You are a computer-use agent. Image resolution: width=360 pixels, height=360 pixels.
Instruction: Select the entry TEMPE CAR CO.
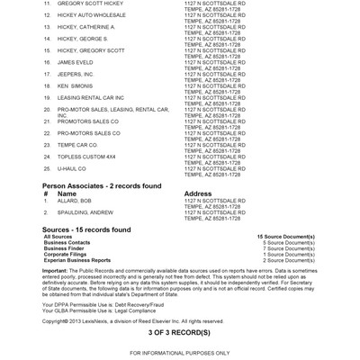pyautogui.click(x=76, y=144)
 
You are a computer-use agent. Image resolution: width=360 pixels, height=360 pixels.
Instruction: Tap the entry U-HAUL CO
pyautogui.click(x=71, y=167)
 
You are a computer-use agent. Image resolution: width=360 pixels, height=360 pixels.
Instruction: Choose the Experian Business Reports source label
pyautogui.click(x=80, y=259)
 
